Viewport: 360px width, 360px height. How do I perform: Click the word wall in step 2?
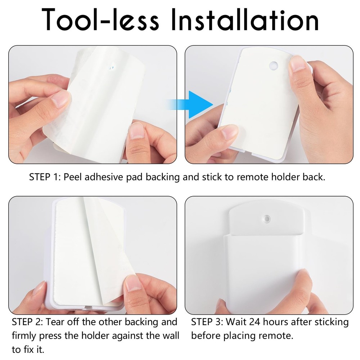(170, 336)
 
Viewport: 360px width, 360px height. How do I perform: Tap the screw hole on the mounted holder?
(267, 219)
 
